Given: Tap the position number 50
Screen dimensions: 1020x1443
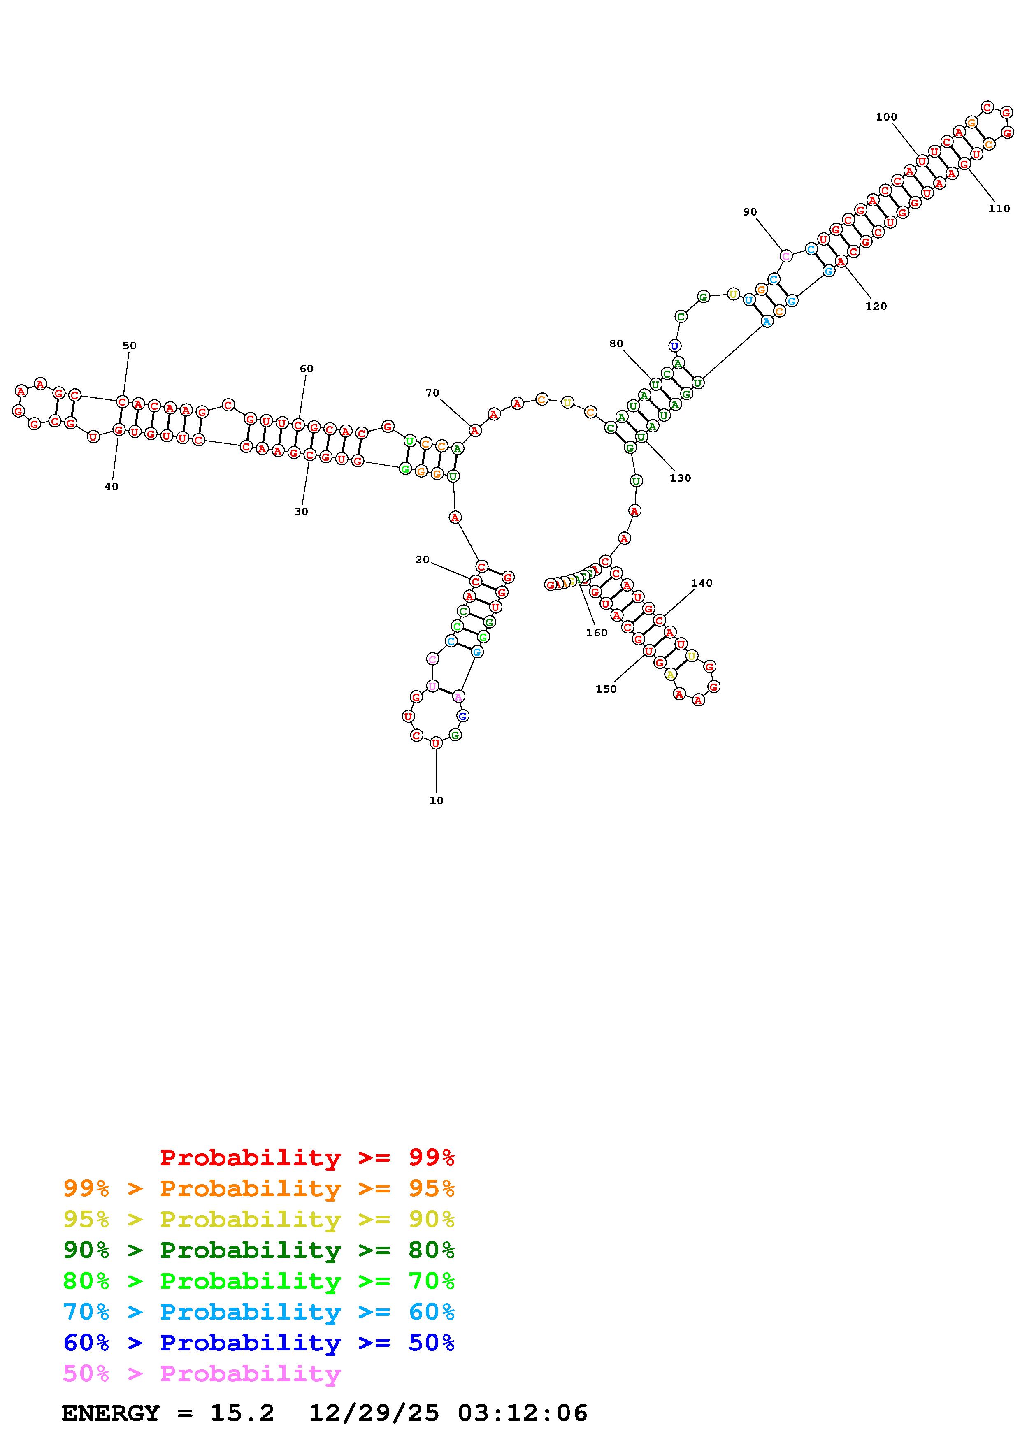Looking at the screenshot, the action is [x=130, y=346].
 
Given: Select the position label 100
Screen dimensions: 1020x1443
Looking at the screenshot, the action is [x=886, y=117].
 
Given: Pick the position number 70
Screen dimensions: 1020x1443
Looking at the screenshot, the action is [x=432, y=393].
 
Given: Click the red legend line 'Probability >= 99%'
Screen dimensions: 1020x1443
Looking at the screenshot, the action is [x=307, y=1158].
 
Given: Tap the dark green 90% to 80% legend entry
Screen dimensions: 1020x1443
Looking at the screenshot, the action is [x=259, y=1250].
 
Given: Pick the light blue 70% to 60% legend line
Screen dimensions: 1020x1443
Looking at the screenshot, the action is [x=259, y=1312].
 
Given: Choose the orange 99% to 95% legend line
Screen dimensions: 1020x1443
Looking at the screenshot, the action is [x=259, y=1188].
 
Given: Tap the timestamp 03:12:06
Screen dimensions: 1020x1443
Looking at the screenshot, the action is [x=523, y=1413].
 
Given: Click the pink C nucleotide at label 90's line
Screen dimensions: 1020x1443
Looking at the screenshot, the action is [x=785, y=256].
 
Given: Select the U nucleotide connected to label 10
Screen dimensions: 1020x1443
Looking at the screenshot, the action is [x=436, y=743].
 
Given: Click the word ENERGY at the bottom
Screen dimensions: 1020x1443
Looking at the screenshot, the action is [x=111, y=1413].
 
